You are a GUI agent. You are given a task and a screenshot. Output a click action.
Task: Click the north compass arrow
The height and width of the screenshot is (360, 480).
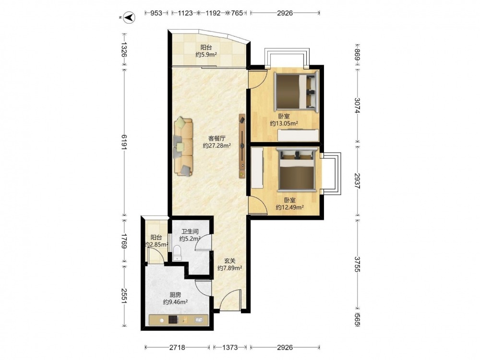click(x=130, y=17)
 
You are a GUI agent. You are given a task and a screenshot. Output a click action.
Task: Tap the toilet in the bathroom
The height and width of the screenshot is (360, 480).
click(x=177, y=253)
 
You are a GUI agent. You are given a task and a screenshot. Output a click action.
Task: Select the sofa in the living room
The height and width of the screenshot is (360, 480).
click(x=183, y=147)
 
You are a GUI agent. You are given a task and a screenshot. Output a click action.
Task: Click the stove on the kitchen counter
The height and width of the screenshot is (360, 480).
click(x=173, y=320)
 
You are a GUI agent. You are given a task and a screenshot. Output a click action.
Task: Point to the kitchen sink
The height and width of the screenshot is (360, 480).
click(x=198, y=320)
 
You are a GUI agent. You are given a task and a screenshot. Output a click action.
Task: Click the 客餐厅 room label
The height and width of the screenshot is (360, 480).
click(x=217, y=138)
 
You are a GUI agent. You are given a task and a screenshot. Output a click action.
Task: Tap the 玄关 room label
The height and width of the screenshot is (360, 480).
click(x=230, y=261)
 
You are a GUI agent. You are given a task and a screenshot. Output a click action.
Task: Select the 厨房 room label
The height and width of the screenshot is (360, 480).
click(x=175, y=295)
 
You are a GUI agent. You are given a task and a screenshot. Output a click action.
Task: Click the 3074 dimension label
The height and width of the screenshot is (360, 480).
click(x=357, y=105)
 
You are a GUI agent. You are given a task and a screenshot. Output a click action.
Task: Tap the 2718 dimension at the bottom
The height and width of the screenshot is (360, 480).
click(x=177, y=348)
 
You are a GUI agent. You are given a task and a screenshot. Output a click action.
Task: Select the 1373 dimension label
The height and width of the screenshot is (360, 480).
click(x=230, y=348)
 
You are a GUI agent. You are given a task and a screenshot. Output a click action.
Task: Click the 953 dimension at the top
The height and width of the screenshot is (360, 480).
click(x=156, y=13)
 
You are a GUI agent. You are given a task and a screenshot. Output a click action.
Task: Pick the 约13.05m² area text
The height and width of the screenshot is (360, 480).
click(x=284, y=123)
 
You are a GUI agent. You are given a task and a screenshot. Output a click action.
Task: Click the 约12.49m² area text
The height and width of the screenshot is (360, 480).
click(x=289, y=207)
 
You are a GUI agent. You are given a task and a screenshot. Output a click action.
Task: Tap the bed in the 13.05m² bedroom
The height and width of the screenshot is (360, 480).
click(x=296, y=91)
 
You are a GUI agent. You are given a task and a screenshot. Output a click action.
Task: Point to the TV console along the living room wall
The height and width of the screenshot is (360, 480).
click(x=242, y=146)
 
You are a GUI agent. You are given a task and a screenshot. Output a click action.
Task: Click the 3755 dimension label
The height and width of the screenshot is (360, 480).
click(x=357, y=264)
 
